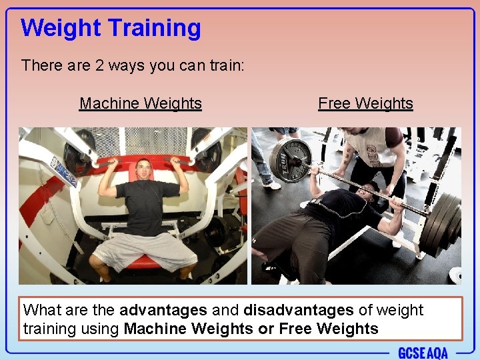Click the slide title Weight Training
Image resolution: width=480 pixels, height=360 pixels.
point(111,28)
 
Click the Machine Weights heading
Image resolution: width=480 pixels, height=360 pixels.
point(140,103)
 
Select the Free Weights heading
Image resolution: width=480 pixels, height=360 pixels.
point(365,103)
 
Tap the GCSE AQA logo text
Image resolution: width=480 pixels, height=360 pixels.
point(423,353)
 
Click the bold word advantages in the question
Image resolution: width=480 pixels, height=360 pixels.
point(163,311)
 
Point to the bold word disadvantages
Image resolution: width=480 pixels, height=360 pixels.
point(299,311)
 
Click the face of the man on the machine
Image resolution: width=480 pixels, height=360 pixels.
point(144,171)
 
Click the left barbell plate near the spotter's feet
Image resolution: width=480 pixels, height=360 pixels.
point(291,161)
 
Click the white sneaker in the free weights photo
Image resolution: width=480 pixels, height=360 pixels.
point(271,185)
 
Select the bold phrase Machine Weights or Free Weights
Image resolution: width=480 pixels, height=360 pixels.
point(251,329)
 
